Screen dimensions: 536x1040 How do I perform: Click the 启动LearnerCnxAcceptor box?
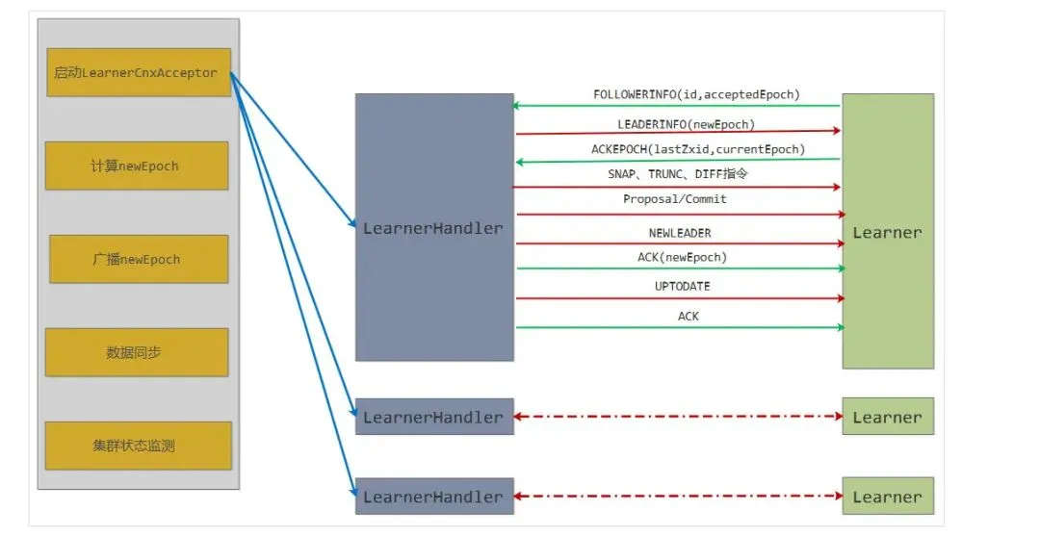point(139,73)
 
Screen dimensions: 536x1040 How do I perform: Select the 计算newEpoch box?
point(136,166)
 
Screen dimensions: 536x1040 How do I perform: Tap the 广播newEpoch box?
point(138,259)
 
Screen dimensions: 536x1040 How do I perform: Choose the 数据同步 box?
point(136,352)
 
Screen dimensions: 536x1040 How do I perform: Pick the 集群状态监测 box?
point(138,446)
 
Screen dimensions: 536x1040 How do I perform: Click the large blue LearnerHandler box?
point(433,228)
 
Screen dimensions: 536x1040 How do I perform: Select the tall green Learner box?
point(887,232)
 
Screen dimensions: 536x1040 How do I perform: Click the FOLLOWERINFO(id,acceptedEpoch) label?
point(697,94)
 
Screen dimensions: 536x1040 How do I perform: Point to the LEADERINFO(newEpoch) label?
point(687,124)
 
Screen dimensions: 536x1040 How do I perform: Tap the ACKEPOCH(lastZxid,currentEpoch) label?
point(697,149)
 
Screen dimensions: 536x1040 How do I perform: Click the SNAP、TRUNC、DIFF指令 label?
point(678,174)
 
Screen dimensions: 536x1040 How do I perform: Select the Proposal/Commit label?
point(675,199)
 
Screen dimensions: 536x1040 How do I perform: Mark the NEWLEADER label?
point(680,233)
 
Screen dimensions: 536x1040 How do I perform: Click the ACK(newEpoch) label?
point(682,257)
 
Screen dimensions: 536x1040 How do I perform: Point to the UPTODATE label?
point(682,287)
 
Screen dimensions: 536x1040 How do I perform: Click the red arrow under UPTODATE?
point(679,298)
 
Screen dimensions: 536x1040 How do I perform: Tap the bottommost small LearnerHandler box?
point(433,497)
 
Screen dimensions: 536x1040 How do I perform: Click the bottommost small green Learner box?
point(887,497)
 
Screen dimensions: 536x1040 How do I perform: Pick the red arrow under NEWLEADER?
point(679,243)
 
